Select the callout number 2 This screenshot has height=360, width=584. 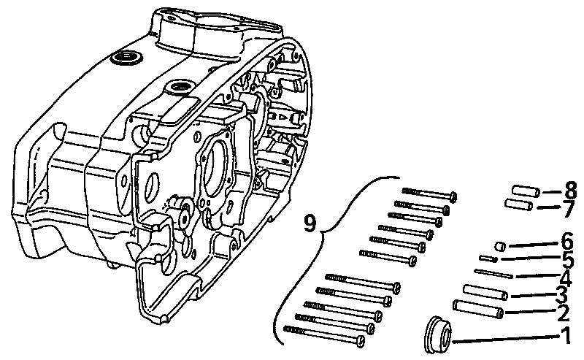click(563, 314)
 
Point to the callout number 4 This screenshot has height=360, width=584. click(565, 277)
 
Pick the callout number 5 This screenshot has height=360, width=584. click(566, 258)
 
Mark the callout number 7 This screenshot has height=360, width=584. click(566, 210)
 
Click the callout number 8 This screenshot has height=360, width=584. click(569, 191)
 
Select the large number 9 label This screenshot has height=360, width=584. click(310, 222)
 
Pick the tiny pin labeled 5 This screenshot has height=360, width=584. click(488, 258)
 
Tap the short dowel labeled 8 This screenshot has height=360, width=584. click(526, 191)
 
